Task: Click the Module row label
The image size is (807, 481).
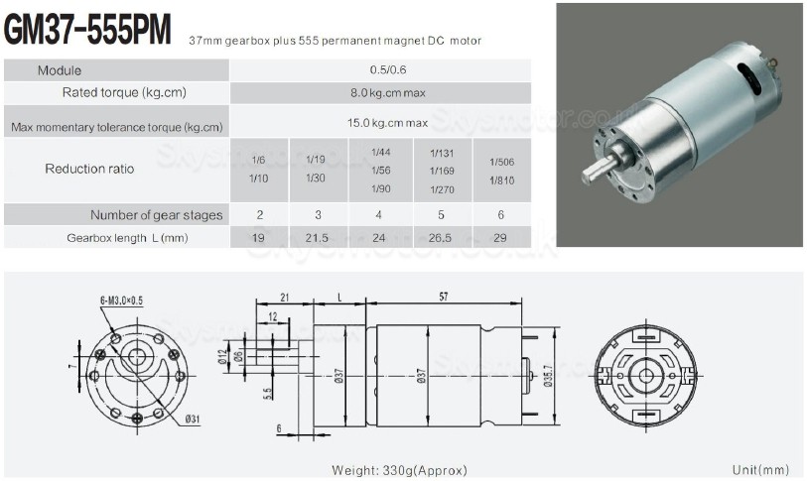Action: [61, 70]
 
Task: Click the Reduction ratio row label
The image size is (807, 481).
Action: [89, 169]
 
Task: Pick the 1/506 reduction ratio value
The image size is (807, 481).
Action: [501, 162]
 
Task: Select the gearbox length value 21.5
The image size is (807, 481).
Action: [319, 238]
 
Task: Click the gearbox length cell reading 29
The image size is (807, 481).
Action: [501, 238]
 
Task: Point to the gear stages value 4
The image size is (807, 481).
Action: [380, 215]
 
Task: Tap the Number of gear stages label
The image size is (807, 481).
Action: [157, 215]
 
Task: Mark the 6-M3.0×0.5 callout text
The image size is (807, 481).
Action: [120, 300]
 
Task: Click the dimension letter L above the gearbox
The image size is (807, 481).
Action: [339, 298]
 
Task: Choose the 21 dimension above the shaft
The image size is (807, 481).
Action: [284, 298]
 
